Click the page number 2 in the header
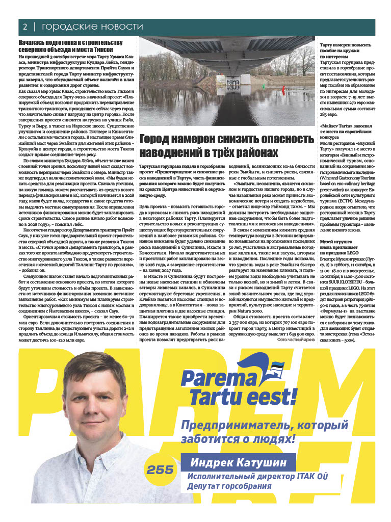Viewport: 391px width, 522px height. (24, 27)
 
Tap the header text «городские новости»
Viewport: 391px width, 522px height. (92, 27)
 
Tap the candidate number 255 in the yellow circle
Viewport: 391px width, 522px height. (160, 469)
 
